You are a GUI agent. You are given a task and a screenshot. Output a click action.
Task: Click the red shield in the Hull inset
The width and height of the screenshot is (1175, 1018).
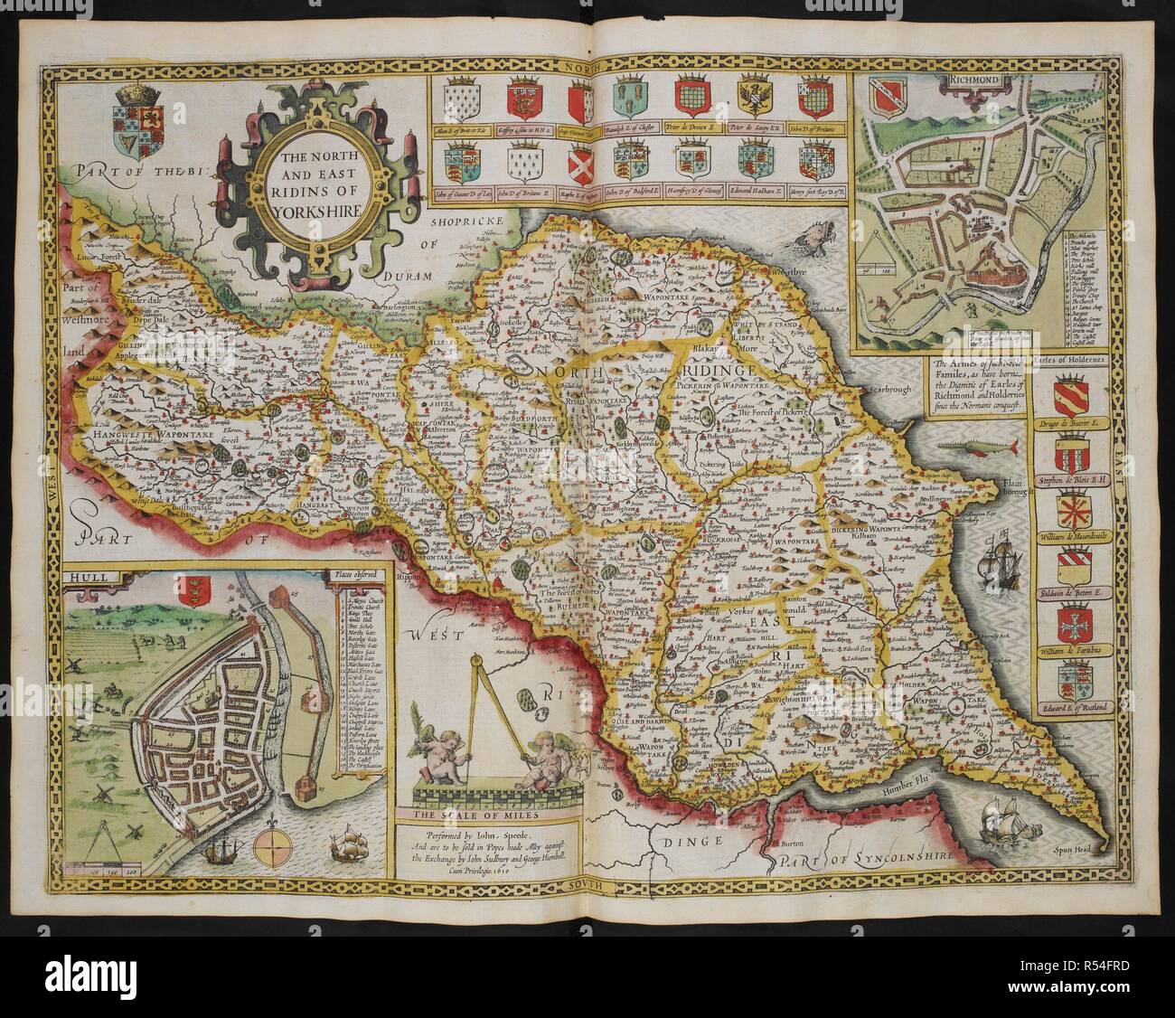coord(191,592)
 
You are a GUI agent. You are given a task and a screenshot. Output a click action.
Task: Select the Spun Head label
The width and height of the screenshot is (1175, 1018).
coord(1076,849)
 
